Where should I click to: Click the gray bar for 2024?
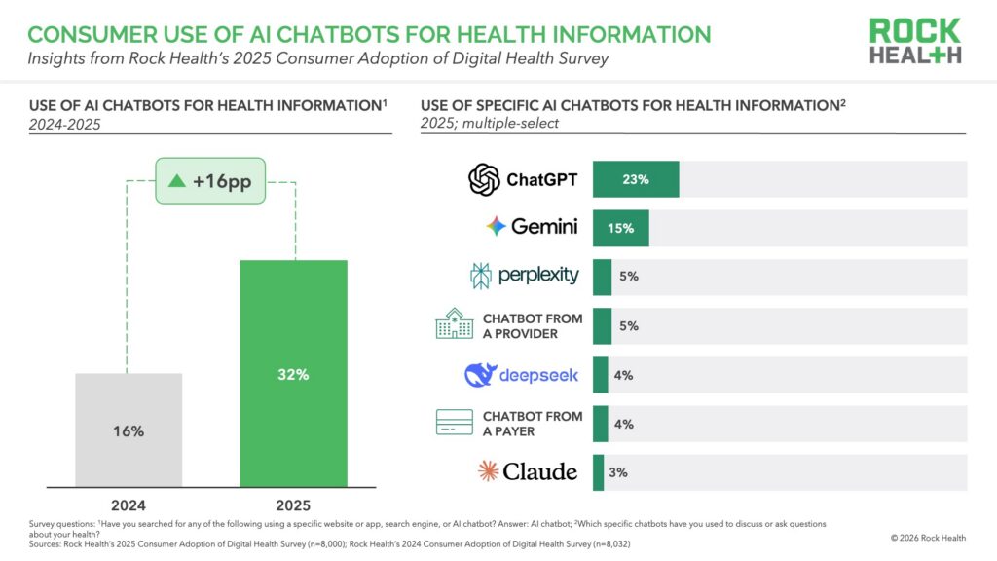point(129,430)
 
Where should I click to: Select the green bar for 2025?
point(294,373)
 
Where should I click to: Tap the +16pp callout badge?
point(211,182)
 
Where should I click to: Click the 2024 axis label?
point(129,505)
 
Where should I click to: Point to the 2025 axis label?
point(294,505)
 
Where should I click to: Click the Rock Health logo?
point(915,40)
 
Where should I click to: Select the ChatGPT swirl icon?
point(484,179)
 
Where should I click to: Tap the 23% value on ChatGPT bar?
point(636,179)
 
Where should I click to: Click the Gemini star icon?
point(497,227)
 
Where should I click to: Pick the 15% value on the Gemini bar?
point(621,228)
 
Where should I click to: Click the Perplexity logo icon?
point(481,277)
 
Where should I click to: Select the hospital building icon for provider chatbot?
point(454,325)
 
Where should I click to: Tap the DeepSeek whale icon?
point(481,375)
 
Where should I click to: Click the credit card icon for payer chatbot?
point(454,424)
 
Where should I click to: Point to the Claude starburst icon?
point(488,472)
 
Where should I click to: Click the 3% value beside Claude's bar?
point(618,472)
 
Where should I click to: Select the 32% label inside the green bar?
point(294,374)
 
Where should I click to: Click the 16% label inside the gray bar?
point(129,430)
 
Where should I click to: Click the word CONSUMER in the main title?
point(83,35)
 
